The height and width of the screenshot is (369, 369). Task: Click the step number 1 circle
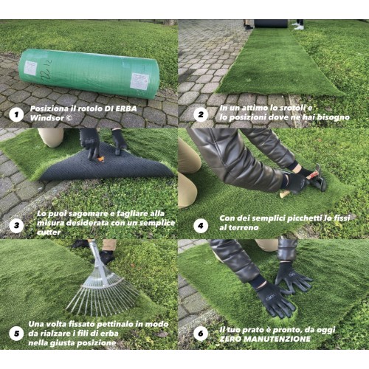point(15,114)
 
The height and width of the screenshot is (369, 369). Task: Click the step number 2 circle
point(199,114)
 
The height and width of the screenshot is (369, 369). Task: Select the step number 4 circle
point(200,224)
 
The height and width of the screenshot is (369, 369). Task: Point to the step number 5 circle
point(15,334)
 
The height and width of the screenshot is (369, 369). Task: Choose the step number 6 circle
point(200,333)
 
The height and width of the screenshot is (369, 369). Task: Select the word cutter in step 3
point(48,232)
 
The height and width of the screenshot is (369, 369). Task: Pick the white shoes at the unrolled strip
point(297,26)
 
